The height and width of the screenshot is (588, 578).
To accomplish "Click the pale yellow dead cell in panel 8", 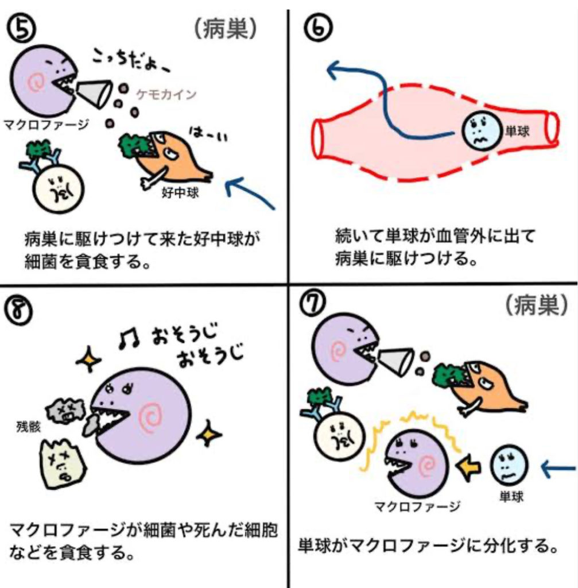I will click(60, 466).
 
